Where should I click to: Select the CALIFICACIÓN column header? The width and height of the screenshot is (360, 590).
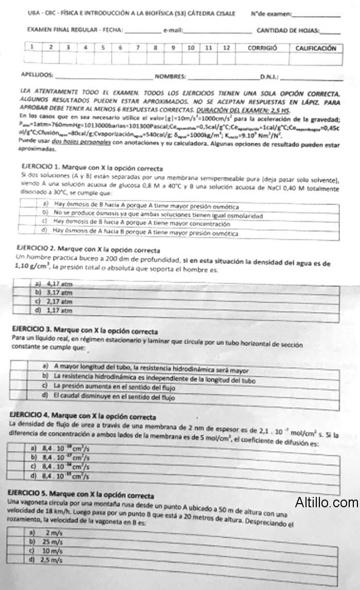coord(315,48)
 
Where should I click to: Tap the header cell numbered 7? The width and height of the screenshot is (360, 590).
coord(138,47)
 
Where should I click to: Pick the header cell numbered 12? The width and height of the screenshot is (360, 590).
coord(226,47)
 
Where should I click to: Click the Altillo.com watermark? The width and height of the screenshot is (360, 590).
coord(327,502)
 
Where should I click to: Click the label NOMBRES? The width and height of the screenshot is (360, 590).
coord(170,77)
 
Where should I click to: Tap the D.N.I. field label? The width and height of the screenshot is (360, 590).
coord(269,77)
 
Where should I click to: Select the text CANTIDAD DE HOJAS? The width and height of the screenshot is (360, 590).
coord(287,30)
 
